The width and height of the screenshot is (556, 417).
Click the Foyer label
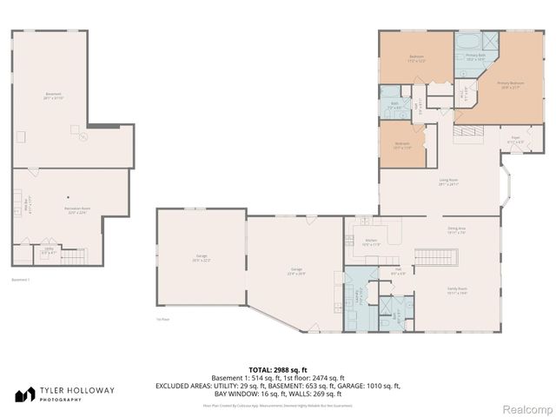pos(515,139)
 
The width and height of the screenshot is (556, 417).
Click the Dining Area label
pos(457,231)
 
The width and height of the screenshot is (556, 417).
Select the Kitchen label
pos(371,242)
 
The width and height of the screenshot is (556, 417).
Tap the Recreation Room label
pos(55,210)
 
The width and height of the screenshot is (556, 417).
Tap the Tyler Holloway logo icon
pos(24,394)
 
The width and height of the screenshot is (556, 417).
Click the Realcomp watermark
pos(523,407)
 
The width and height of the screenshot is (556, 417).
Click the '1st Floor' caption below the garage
pos(162,319)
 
